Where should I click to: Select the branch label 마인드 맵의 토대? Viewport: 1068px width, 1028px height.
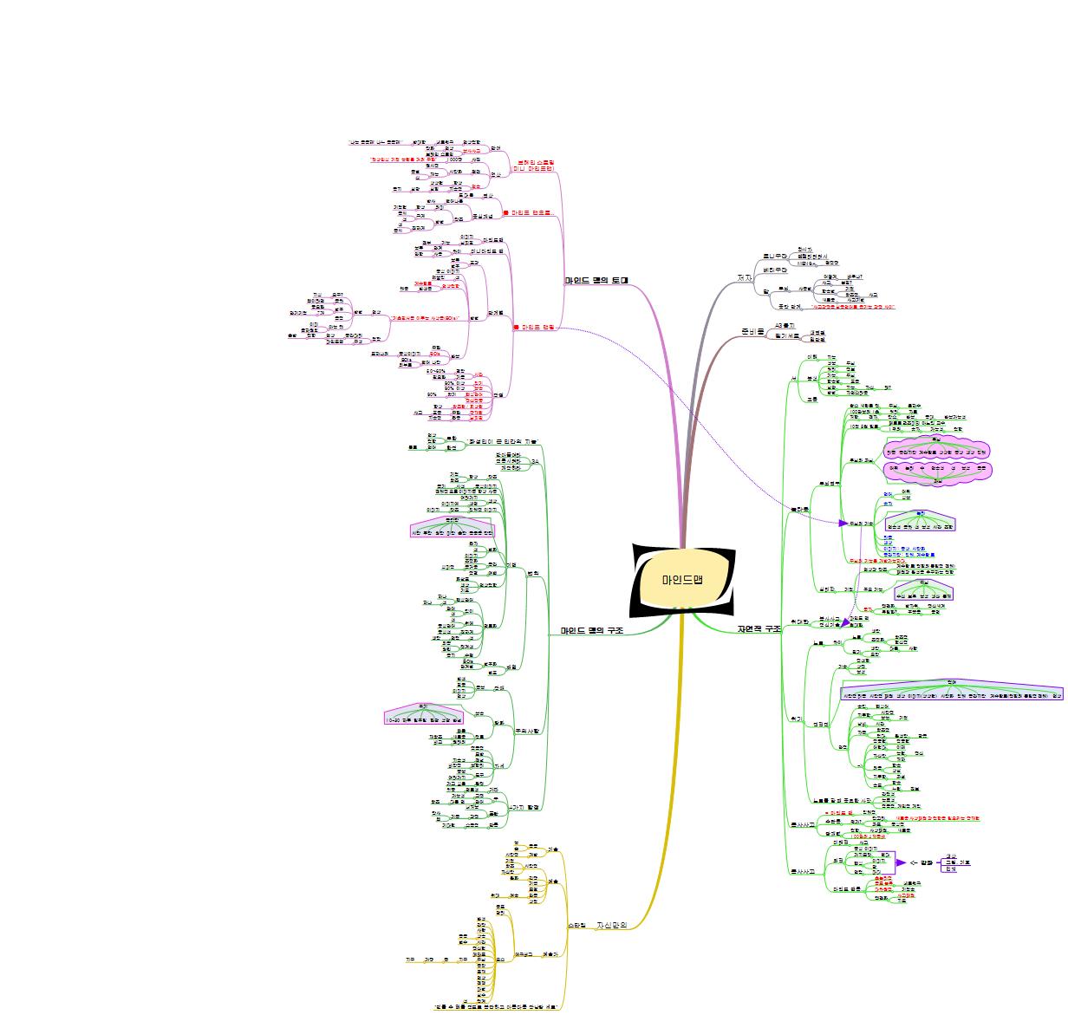[596, 281]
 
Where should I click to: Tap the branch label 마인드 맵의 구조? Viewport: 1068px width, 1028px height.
[591, 630]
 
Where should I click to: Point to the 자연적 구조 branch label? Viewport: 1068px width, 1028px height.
[759, 628]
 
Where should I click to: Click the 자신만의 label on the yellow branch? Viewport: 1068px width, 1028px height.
[611, 925]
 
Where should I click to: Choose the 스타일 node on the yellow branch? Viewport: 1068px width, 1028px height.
[577, 925]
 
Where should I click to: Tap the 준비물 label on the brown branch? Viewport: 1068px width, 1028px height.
[752, 332]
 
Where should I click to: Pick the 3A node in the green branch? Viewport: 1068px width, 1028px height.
[535, 461]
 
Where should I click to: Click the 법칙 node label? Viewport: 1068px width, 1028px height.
[534, 572]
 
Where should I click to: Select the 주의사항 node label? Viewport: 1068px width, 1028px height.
[527, 731]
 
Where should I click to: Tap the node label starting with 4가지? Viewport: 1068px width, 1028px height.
[525, 807]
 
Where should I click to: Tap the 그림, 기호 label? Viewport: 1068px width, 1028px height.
[957, 862]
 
